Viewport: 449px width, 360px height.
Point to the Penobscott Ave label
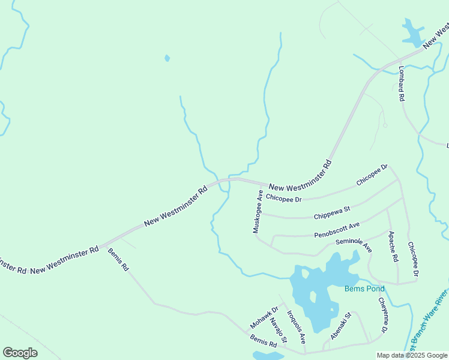336,230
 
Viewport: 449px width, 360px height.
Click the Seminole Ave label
354,245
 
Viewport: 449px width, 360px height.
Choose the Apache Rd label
393,247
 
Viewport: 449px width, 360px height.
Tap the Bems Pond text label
364,289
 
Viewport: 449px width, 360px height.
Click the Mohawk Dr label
264,319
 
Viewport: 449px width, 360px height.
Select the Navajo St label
278,331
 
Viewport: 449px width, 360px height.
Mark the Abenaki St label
340,329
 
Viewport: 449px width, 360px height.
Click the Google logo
20,353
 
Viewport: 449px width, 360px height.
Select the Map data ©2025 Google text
412,355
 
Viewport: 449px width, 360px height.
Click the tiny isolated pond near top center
167,58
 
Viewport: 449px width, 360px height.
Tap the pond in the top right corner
412,34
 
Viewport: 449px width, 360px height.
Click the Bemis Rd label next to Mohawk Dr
264,340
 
